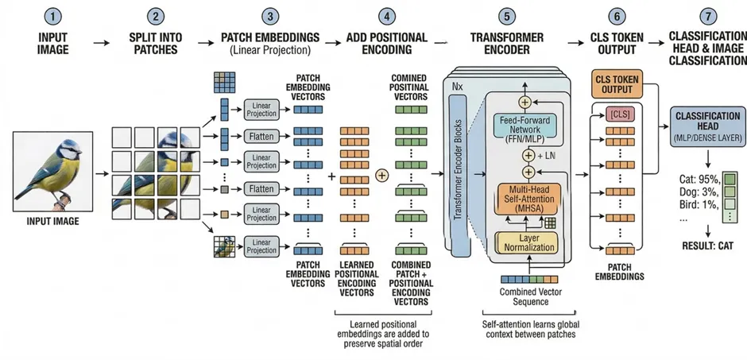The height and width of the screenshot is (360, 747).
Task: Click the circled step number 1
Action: [x=53, y=17]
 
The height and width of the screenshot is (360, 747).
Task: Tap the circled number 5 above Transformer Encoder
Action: [x=506, y=17]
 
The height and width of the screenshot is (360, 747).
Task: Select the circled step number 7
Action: [x=708, y=17]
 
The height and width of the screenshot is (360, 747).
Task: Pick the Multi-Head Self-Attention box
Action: [x=528, y=198]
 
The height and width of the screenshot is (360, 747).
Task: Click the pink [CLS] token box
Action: [x=620, y=114]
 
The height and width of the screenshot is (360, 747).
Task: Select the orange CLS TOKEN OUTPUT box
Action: [x=617, y=84]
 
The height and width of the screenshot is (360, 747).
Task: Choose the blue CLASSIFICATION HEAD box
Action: [x=707, y=126]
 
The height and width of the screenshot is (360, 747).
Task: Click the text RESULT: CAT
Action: [x=707, y=246]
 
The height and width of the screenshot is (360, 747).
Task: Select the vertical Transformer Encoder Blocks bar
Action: [x=458, y=172]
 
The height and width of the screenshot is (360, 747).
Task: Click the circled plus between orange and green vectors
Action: [x=381, y=176]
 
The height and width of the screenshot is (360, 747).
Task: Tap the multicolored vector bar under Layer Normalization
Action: [x=528, y=279]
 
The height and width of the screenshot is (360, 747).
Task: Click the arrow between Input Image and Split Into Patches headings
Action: [x=101, y=43]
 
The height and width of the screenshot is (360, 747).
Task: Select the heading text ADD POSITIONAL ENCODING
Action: [x=385, y=44]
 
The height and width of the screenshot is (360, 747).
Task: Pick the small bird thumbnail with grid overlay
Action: [x=225, y=246]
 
